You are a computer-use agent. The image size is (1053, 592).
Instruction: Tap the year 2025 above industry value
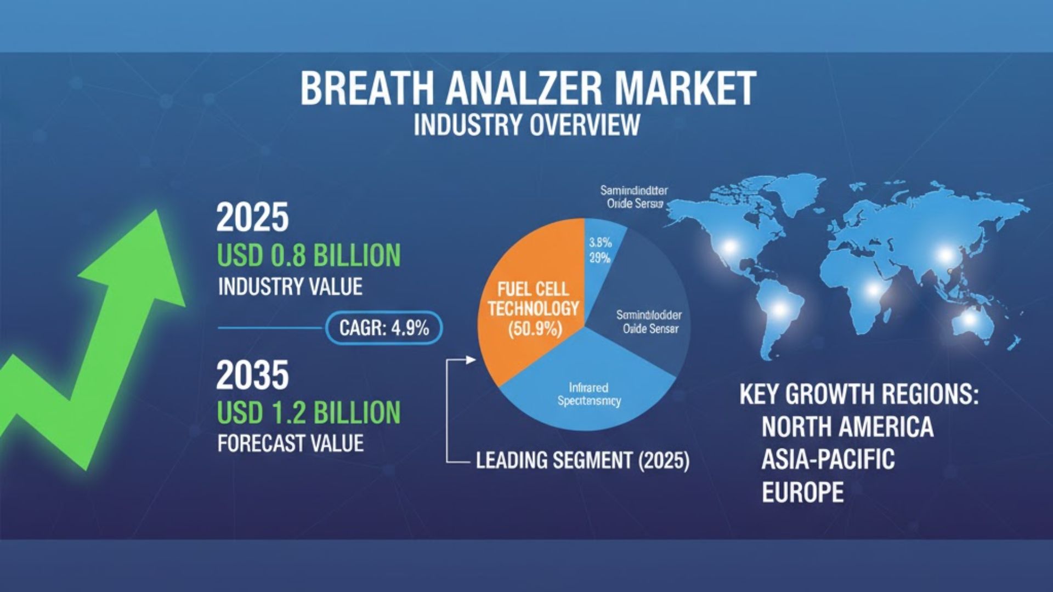(x=252, y=218)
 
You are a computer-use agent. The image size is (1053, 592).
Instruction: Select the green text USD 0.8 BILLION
(x=309, y=255)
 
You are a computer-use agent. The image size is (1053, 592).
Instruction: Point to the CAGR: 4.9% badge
(x=384, y=328)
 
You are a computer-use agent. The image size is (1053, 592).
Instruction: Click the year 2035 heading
(x=252, y=375)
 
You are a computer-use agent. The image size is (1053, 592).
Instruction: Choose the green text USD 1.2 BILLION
(x=309, y=412)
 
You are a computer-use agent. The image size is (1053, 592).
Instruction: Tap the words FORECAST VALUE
(x=291, y=443)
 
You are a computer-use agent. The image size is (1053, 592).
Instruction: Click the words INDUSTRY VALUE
(x=290, y=287)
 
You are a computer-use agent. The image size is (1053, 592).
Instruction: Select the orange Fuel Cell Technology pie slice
(x=526, y=307)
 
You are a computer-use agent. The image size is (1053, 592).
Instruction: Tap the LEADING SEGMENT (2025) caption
(x=582, y=460)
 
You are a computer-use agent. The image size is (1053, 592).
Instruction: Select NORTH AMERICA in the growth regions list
(x=847, y=426)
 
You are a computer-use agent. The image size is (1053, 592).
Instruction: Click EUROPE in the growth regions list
(x=802, y=492)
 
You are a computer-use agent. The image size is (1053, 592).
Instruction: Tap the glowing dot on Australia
(x=970, y=320)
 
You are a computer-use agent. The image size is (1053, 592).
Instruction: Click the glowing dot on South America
(x=778, y=310)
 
